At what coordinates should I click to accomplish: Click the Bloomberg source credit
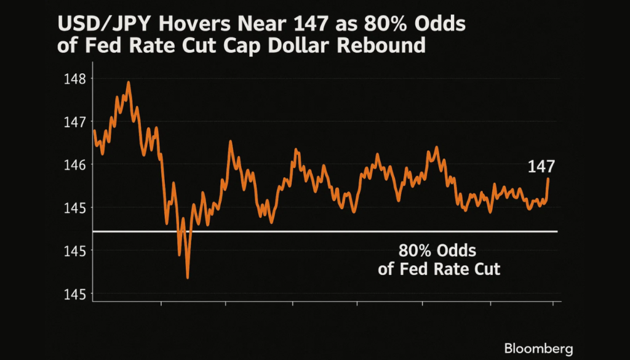pyautogui.click(x=538, y=349)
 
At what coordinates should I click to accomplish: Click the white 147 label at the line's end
pyautogui.click(x=541, y=167)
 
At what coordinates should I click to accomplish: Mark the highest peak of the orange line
pyautogui.click(x=129, y=82)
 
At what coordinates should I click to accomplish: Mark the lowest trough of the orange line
pyautogui.click(x=187, y=278)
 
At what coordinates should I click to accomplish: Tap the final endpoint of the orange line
pyautogui.click(x=548, y=179)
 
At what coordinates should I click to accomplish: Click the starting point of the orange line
pyautogui.click(x=94, y=130)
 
